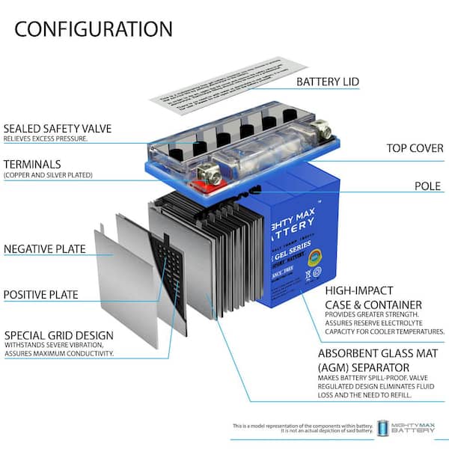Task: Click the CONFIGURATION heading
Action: pos(94,29)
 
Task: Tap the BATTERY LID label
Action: pos(328,82)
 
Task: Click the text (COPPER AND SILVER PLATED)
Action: pos(49,175)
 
